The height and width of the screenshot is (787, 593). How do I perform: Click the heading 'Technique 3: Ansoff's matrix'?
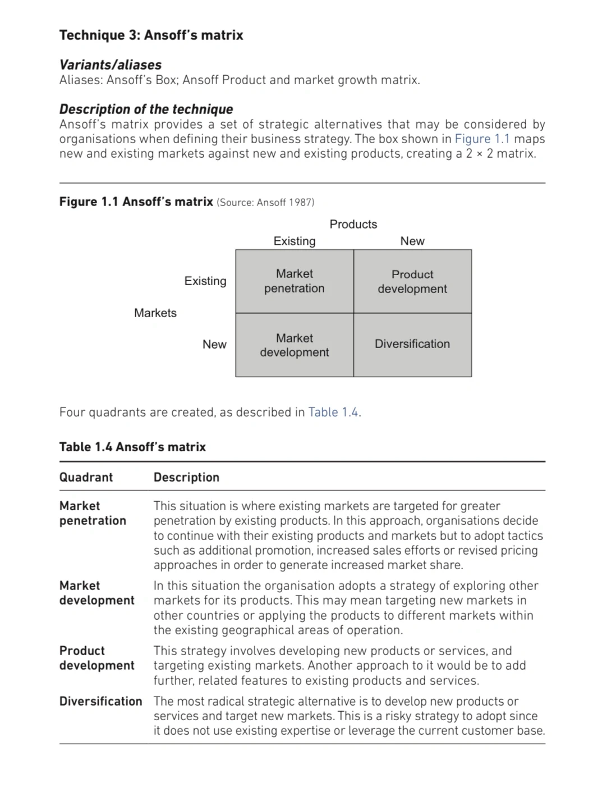[151, 35]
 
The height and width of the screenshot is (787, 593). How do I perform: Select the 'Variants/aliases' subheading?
[110, 65]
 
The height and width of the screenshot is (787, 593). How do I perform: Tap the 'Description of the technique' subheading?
[146, 109]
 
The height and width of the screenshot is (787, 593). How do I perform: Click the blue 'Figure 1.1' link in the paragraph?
[482, 139]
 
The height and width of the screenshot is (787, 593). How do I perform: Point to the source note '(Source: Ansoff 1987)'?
[265, 202]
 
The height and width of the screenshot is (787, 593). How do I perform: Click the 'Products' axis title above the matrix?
[353, 224]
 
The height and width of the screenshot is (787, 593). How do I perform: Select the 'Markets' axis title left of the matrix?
[155, 313]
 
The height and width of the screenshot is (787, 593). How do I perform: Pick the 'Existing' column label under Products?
[294, 241]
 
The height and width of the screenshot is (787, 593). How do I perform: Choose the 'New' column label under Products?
[412, 241]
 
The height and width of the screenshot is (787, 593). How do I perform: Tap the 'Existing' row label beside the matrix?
[205, 281]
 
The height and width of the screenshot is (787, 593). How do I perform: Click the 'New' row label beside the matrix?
[214, 344]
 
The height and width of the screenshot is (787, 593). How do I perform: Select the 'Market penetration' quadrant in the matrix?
[295, 281]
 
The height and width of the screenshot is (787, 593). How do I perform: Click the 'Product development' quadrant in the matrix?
[412, 281]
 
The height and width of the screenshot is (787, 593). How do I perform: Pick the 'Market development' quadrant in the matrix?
[295, 345]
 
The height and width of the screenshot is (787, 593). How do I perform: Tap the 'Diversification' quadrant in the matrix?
[412, 344]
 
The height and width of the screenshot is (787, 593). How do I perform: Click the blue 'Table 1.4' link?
[333, 412]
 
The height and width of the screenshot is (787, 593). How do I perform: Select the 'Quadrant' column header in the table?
[86, 477]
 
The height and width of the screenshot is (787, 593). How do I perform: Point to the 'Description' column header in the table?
[186, 477]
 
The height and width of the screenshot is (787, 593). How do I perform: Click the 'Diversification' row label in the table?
[100, 701]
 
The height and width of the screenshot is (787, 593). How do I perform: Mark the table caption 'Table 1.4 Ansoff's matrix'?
[132, 447]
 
